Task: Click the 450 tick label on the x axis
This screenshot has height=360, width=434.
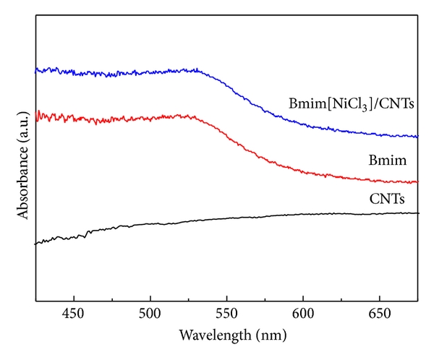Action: coord(74,314)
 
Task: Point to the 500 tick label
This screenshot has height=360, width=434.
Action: coord(150,314)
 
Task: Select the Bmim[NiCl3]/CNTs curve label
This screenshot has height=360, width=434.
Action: coord(351,103)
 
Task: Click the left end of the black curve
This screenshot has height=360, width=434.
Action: coord(35,244)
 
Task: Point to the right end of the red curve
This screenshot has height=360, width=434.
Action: coord(417,182)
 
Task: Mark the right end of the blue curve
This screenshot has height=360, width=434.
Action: coord(417,136)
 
